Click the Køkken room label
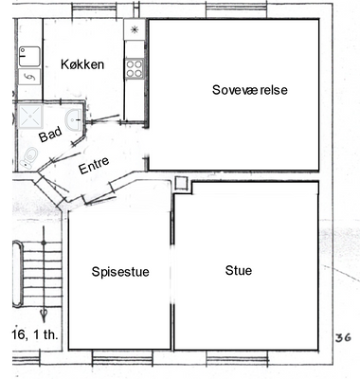(82, 64)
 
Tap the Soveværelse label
(250, 90)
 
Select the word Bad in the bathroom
(50, 135)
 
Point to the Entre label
(94, 165)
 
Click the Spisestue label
(120, 272)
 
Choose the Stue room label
(239, 271)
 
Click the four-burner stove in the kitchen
(134, 68)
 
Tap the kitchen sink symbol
(29, 57)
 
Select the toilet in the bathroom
(29, 157)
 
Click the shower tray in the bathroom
(30, 117)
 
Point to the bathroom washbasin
(74, 119)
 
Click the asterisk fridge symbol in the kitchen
(135, 29)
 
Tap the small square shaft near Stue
(181, 183)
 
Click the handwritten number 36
(343, 338)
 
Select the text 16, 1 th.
(35, 334)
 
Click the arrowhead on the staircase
(44, 314)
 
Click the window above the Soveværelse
(237, 10)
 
